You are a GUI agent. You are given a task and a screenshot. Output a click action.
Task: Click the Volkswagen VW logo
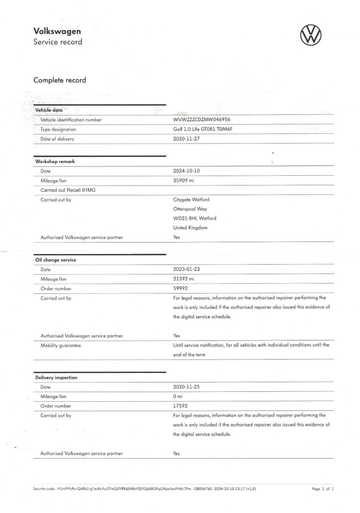tap(310, 35)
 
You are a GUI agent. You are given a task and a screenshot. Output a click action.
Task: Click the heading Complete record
tap(60, 80)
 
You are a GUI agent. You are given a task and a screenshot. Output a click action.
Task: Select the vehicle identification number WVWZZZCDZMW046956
tap(202, 119)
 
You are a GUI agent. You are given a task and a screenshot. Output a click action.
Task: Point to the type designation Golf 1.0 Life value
tap(203, 129)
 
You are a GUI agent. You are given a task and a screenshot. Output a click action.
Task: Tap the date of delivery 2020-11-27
tap(186, 138)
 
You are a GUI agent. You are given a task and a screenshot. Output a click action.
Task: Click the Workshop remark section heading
tap(55, 162)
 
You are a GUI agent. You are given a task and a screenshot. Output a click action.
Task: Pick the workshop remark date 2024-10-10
tap(186, 171)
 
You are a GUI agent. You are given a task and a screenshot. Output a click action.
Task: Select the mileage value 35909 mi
tap(184, 181)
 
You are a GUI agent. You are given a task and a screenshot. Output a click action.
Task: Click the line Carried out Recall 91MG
tap(68, 190)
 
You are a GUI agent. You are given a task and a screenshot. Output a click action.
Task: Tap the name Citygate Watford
tap(191, 200)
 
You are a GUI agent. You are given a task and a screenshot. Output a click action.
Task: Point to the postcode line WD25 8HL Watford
tap(195, 218)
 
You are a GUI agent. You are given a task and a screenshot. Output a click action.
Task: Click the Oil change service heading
tap(56, 260)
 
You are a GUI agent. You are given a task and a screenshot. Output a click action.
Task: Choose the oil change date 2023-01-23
tap(186, 269)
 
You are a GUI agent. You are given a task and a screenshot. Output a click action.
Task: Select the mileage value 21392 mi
tap(184, 279)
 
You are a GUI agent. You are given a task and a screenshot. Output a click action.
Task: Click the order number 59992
tap(180, 288)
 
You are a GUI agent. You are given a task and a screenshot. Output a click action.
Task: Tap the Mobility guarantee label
tap(60, 345)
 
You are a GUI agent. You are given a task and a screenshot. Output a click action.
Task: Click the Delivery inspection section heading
tap(56, 377)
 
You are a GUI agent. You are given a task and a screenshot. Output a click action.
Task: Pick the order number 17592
tap(180, 406)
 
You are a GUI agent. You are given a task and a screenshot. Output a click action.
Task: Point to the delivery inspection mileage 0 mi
tap(178, 396)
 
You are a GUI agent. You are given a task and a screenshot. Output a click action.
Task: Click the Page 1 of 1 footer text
tap(323, 489)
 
